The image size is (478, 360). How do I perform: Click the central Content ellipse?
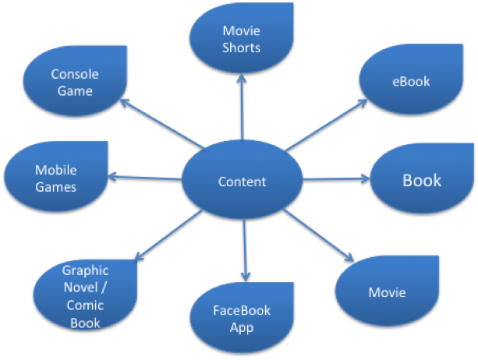tap(242, 182)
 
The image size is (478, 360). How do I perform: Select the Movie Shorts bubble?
tap(241, 39)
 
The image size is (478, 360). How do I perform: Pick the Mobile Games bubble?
tap(55, 177)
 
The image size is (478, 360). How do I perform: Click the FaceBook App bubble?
tap(242, 319)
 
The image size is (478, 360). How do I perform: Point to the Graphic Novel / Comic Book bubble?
tap(86, 297)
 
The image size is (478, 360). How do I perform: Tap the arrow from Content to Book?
tap(335, 180)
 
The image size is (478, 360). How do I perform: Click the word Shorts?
tap(241, 48)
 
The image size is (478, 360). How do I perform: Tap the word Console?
tap(75, 74)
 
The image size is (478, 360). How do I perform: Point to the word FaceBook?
tap(242, 310)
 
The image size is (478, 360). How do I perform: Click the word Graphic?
tap(86, 270)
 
